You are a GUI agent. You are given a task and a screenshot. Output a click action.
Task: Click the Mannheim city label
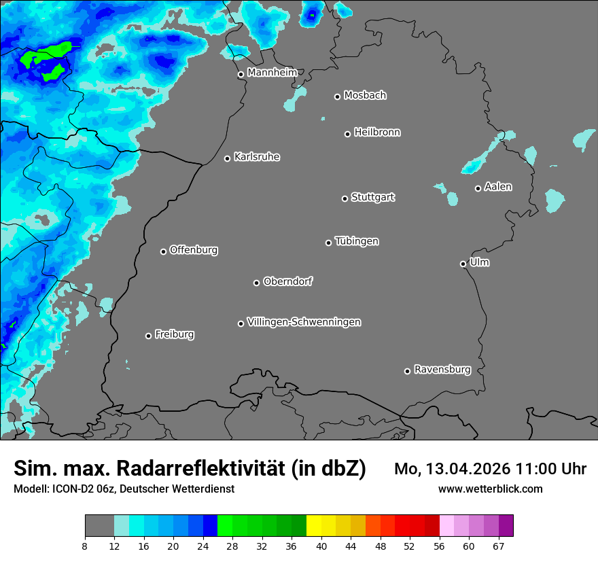coord(272,73)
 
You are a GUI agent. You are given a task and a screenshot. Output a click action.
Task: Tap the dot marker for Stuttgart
coord(345,198)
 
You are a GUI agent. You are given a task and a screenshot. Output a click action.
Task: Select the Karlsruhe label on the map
coord(257,157)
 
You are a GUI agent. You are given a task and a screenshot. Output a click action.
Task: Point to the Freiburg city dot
coord(148,336)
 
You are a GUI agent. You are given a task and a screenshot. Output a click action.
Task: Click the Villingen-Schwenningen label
coord(304,322)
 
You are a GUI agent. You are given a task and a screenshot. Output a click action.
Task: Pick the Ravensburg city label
coord(442,370)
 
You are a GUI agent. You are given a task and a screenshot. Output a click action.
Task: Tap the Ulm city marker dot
coord(463,264)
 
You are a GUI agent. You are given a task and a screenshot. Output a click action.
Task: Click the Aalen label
coord(498,187)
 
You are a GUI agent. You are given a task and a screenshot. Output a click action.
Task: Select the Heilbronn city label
coord(377,133)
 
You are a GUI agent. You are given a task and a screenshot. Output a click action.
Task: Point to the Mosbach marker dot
coord(337,96)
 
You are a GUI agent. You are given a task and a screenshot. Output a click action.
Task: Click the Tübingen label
coord(357,241)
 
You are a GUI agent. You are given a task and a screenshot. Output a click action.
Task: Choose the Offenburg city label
coord(194,250)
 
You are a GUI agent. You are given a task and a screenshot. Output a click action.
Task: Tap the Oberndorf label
coord(287,281)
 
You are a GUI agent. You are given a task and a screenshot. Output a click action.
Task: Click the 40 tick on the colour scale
coord(321,546)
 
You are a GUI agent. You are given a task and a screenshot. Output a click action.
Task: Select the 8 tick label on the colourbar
coord(85,546)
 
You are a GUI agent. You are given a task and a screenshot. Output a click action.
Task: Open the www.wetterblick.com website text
coord(490,489)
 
